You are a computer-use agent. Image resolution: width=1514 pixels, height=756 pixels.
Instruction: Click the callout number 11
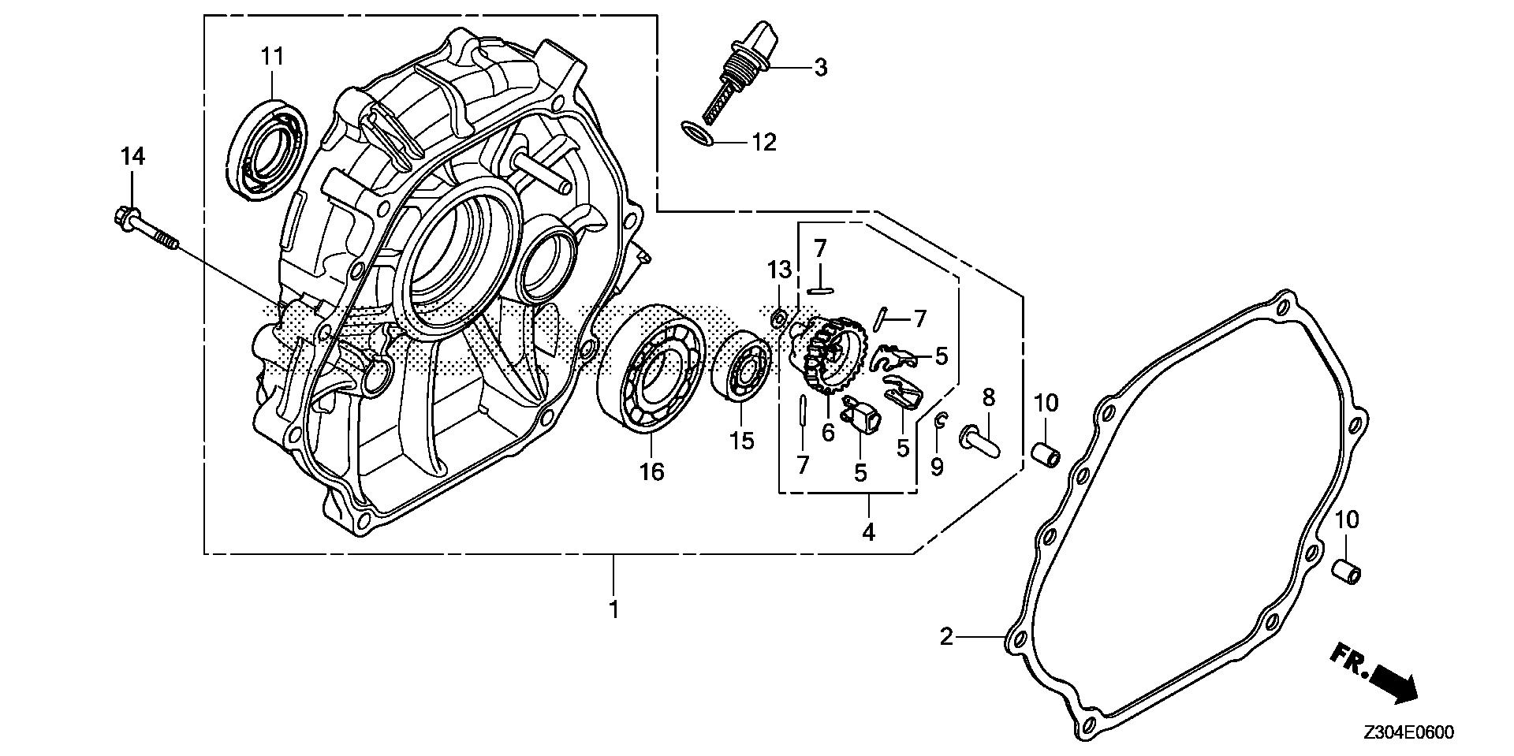tap(272, 56)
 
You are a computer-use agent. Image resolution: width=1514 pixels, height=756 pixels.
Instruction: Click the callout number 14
tap(132, 157)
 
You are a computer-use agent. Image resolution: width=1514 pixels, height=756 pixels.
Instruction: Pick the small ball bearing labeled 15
tap(740, 367)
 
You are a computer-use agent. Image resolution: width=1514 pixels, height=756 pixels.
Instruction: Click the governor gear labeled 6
tap(827, 354)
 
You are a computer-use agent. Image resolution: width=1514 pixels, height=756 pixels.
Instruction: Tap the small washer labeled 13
tap(778, 318)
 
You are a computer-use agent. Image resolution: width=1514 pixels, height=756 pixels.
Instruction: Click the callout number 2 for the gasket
tap(946, 635)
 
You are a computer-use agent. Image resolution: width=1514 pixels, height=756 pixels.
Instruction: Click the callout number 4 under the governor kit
tap(868, 532)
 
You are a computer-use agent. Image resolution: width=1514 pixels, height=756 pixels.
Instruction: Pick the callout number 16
tap(651, 471)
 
